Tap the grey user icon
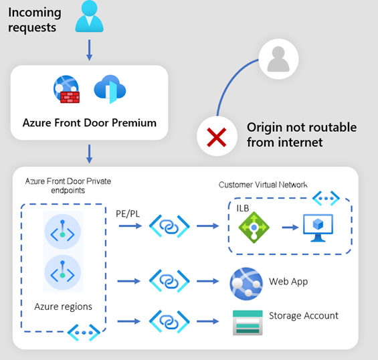(276, 57)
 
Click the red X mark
(216, 138)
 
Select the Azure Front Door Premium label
(90, 122)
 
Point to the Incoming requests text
(35, 20)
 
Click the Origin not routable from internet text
(301, 134)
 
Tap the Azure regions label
(63, 306)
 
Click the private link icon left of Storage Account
(167, 320)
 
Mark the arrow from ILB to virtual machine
(288, 227)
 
